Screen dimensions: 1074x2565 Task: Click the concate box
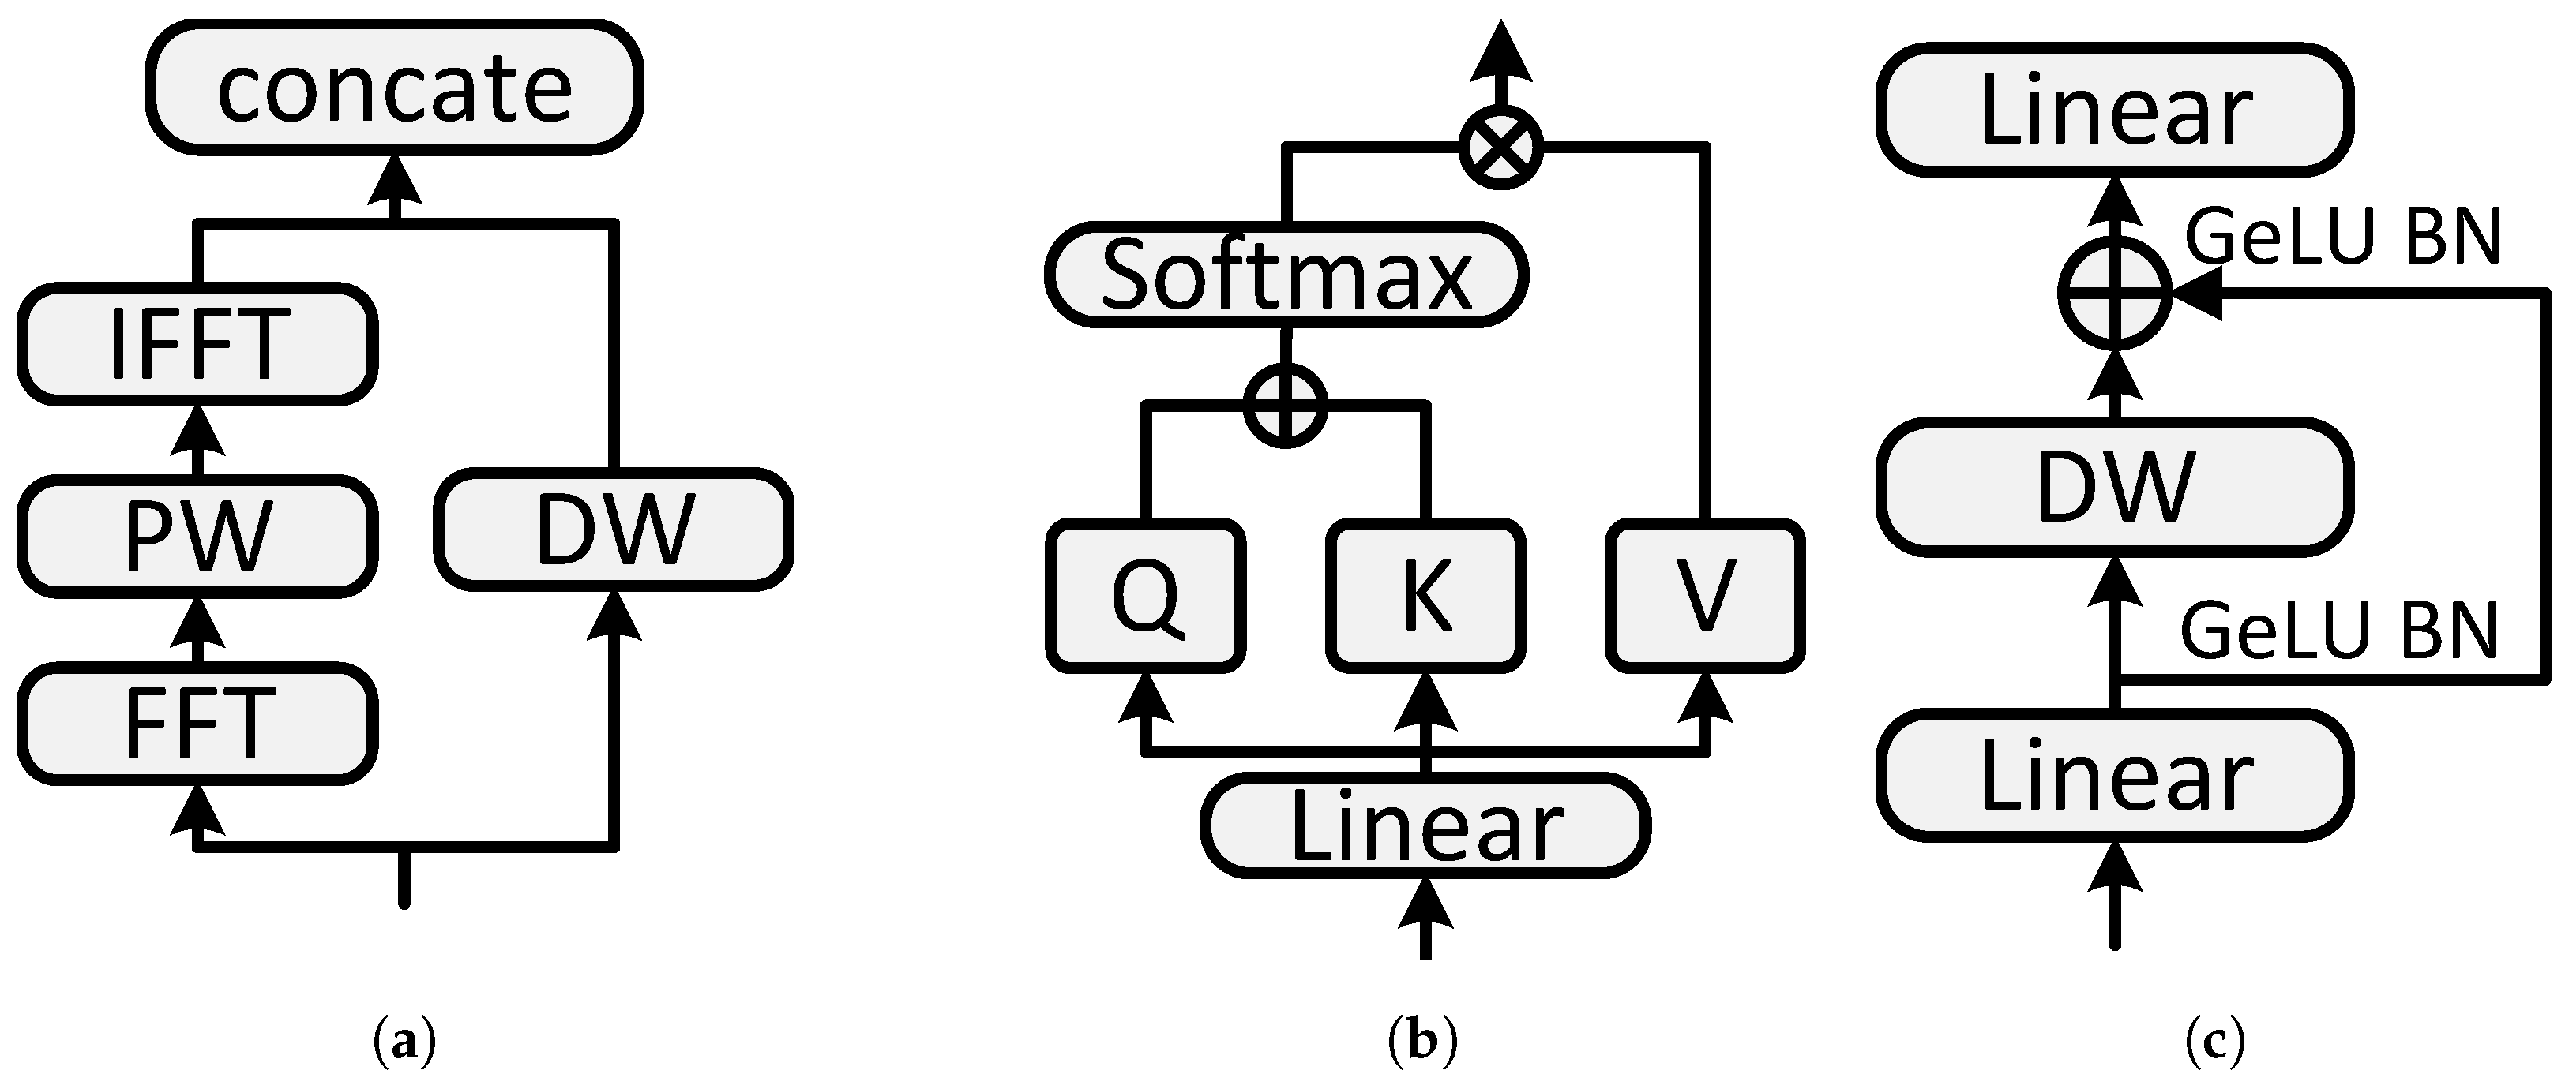pos(394,88)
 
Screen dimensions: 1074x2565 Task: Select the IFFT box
pos(197,344)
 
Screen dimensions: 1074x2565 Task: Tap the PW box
pos(197,536)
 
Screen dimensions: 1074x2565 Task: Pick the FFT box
pos(197,723)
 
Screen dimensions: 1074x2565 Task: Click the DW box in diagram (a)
pos(614,528)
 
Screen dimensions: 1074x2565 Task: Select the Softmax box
pos(1286,275)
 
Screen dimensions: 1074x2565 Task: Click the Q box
pos(1145,595)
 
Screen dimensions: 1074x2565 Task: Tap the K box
pos(1426,595)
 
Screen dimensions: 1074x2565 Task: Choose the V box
pos(1705,595)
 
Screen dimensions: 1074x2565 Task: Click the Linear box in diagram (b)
pos(1426,826)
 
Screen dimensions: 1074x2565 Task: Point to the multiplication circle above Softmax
pos(1500,148)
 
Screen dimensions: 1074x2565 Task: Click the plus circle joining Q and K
pos(1286,405)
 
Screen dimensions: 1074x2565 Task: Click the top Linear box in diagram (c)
pos(2115,110)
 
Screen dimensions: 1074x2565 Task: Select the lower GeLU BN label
pos(2340,631)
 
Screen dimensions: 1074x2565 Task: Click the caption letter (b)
pos(1422,1041)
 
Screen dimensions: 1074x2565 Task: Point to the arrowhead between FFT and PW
pos(197,625)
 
